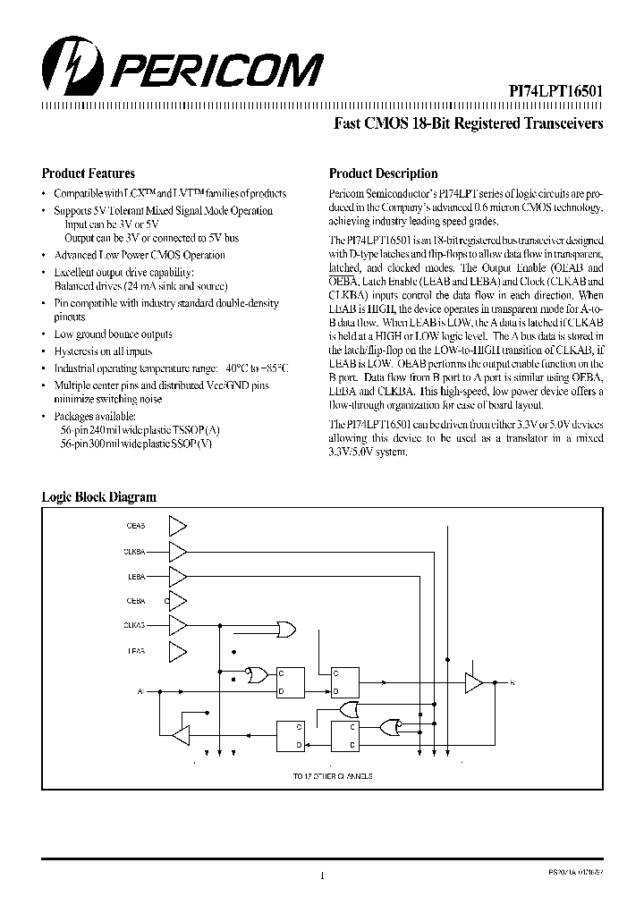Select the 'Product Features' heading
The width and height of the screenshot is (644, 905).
pyautogui.click(x=89, y=174)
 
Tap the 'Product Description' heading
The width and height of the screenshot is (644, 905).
pyautogui.click(x=384, y=174)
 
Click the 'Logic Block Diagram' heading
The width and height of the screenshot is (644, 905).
pyautogui.click(x=99, y=497)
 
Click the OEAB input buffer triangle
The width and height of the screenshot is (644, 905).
pyautogui.click(x=178, y=526)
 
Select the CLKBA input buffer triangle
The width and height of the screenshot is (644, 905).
pyautogui.click(x=178, y=551)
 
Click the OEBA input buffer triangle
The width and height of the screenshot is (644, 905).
pyautogui.click(x=178, y=601)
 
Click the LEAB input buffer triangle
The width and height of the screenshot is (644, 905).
pyautogui.click(x=178, y=650)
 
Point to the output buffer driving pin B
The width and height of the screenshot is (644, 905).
pyautogui.click(x=473, y=683)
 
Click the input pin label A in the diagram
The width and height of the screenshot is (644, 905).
pyautogui.click(x=140, y=691)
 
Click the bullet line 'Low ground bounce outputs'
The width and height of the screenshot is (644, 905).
pyautogui.click(x=113, y=334)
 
